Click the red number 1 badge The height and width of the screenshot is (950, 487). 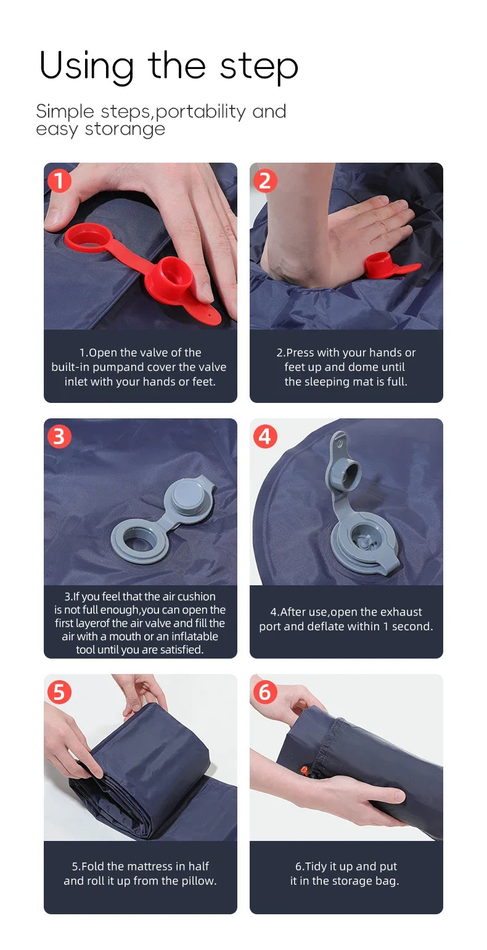[59, 181]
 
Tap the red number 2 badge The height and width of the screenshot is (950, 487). [265, 181]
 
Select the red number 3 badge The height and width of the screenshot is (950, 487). [59, 436]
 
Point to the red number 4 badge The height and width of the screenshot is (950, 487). [265, 436]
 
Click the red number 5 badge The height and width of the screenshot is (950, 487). [59, 692]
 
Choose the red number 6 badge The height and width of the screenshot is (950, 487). [265, 692]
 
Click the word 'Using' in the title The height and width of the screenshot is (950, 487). [86, 67]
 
